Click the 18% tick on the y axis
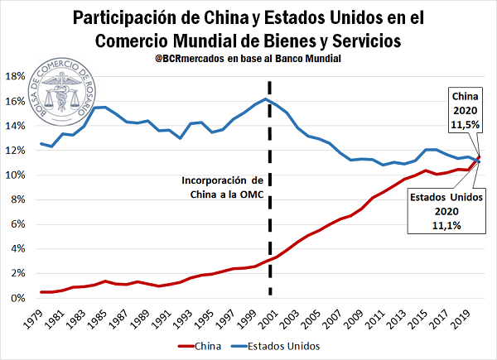tap(17, 76)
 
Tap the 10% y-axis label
tap(17, 175)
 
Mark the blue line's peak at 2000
tap(265, 99)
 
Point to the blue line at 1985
tap(104, 107)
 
